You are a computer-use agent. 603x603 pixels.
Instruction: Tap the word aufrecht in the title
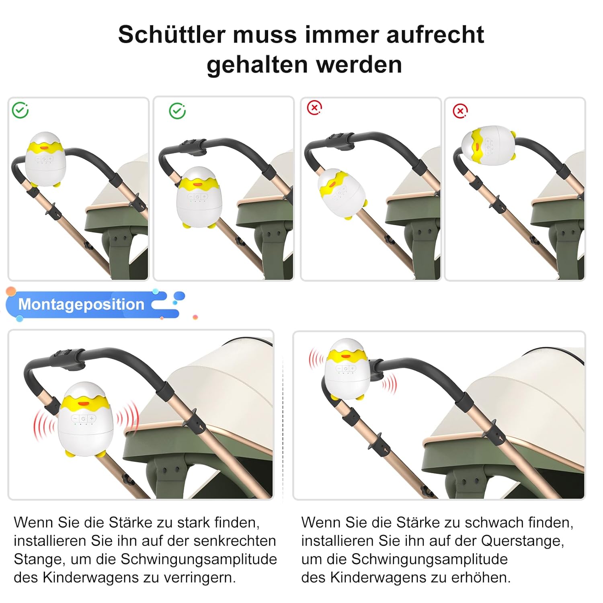pyautogui.click(x=435, y=35)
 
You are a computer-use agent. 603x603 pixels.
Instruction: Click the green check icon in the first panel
pyautogui.click(x=20, y=110)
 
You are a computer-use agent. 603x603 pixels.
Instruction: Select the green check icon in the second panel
pyautogui.click(x=177, y=111)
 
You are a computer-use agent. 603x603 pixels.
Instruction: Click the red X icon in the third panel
pyautogui.click(x=314, y=108)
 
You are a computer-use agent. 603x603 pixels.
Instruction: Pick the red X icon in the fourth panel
pyautogui.click(x=460, y=111)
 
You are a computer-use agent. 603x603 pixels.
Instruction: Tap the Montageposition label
pyautogui.click(x=81, y=304)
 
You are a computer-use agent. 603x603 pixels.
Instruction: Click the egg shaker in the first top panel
pyautogui.click(x=45, y=159)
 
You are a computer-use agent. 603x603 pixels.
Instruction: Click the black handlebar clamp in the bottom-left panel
pyautogui.click(x=67, y=359)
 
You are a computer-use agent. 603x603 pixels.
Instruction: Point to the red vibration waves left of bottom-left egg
pyautogui.click(x=43, y=425)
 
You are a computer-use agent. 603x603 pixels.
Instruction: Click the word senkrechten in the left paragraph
pyautogui.click(x=235, y=541)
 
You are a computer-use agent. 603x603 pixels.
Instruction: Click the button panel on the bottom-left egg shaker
pyautogui.click(x=83, y=418)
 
